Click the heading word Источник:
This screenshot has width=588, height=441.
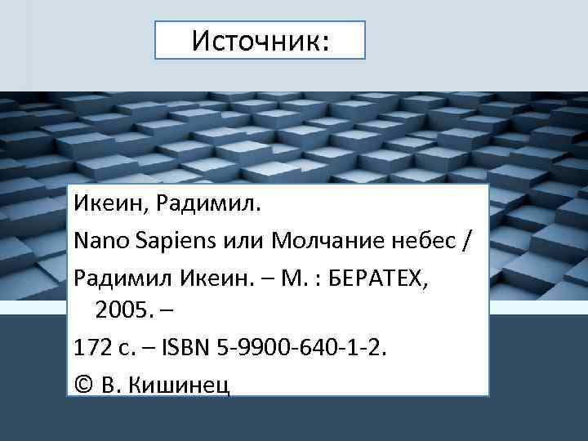(x=260, y=41)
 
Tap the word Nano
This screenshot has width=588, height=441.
(x=96, y=242)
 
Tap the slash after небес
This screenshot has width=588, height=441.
(x=466, y=242)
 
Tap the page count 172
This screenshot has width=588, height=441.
(x=89, y=348)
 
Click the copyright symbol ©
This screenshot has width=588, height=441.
(x=82, y=385)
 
